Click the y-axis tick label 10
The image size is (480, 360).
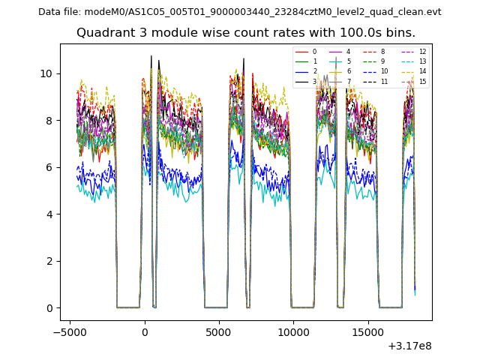46,73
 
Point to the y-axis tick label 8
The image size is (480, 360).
49,121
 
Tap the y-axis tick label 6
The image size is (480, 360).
49,167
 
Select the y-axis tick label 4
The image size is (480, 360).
49,214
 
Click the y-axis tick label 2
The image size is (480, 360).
49,261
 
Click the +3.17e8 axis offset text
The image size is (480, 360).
409,346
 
